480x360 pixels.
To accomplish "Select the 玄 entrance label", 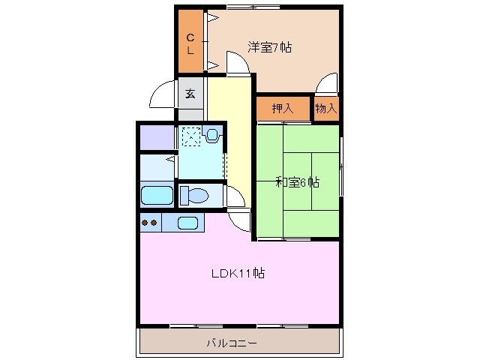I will [x=190, y=94].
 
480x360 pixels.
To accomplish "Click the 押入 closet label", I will [x=282, y=109].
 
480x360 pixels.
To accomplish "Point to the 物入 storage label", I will [x=325, y=109].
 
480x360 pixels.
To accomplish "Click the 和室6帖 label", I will [x=297, y=181].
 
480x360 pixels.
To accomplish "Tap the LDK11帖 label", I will [x=236, y=273].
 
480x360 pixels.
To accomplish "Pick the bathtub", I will [x=157, y=196].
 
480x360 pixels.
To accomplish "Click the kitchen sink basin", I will [x=187, y=222].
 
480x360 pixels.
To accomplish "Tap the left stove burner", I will [x=145, y=222].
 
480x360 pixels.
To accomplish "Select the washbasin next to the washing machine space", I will [x=212, y=136].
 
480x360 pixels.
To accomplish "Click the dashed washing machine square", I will [x=191, y=136].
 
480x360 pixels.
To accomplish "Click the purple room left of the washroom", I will [x=156, y=137].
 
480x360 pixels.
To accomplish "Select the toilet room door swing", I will [x=235, y=196].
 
